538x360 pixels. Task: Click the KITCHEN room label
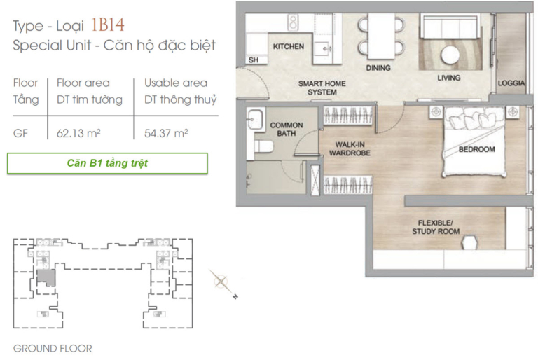coord(288,46)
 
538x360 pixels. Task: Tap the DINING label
coord(378,68)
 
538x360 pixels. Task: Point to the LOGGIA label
coord(511,83)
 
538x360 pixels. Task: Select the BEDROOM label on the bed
coord(476,149)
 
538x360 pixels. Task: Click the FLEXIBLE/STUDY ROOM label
coord(436,227)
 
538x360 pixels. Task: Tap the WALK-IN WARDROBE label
coord(350,148)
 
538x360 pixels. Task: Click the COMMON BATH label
coord(287,129)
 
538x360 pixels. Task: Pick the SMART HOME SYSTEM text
coord(322,88)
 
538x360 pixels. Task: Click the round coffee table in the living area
coord(450,55)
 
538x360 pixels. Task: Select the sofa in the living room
coord(450,26)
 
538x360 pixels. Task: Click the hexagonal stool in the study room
coord(469,242)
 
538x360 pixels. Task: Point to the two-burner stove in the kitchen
coord(293,22)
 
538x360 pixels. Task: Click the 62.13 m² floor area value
coord(78,133)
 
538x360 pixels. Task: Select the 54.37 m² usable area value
coord(166,133)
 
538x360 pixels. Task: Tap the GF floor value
coord(20,133)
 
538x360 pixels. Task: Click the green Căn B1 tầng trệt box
coord(107,163)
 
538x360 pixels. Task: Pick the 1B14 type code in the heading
coord(108,25)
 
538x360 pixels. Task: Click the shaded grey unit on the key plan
coord(46,277)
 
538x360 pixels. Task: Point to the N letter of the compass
coord(235,296)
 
